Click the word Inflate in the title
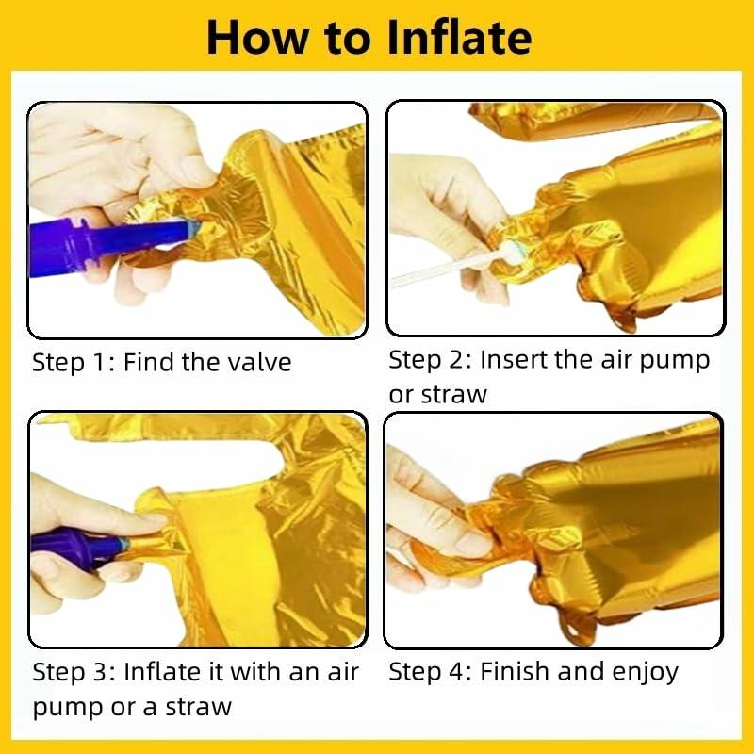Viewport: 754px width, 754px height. click(x=459, y=38)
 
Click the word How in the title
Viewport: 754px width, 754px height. click(x=257, y=38)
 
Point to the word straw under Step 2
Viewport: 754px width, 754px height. click(x=453, y=395)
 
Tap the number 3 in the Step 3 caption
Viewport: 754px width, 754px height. click(x=102, y=672)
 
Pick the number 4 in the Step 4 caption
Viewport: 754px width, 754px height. click(x=458, y=671)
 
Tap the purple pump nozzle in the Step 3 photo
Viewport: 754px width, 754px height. click(x=79, y=547)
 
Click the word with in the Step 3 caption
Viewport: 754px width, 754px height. click(x=256, y=672)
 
